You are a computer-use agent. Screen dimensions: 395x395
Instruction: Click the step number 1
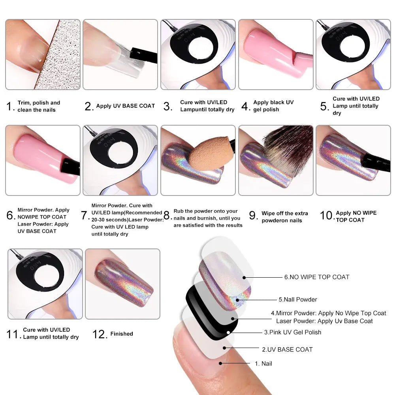tap(11, 106)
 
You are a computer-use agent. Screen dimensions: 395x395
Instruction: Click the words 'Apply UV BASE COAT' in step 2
tap(125, 106)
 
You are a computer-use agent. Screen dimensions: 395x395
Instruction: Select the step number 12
tap(100, 334)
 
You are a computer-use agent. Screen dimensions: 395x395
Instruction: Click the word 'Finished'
tap(122, 334)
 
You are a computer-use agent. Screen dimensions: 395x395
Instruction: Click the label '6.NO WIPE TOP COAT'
tap(317, 277)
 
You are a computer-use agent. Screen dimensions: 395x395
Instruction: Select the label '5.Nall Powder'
tap(298, 299)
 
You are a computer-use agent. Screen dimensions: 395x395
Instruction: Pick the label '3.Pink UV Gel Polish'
tap(293, 332)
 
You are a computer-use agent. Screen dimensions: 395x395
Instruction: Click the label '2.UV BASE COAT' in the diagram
tap(287, 349)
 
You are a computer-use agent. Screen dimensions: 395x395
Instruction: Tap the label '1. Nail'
tap(263, 363)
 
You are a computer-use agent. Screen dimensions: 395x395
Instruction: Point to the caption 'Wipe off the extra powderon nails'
tap(284, 217)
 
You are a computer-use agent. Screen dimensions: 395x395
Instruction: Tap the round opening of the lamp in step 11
tap(49, 273)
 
